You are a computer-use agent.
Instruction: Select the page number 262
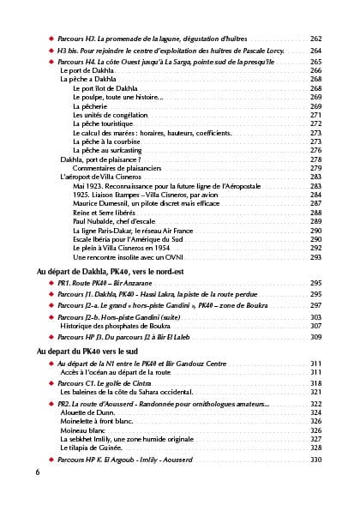pyautogui.click(x=315, y=39)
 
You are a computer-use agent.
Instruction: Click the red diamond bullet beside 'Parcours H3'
pyautogui.click(x=51, y=39)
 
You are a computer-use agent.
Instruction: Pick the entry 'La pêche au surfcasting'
pyautogui.click(x=114, y=149)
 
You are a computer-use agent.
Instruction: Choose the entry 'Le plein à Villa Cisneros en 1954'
pyautogui.click(x=125, y=247)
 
